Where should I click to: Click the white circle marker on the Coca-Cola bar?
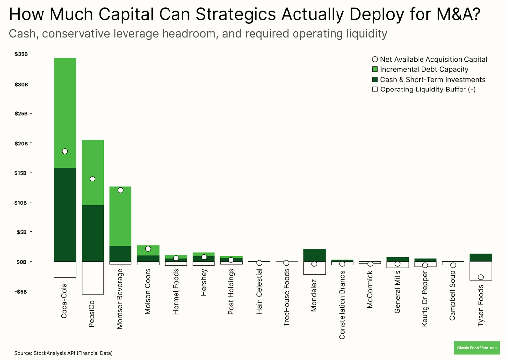tap(65, 151)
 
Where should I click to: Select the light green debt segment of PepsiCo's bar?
tap(92, 172)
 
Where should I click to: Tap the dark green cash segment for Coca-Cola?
tap(65, 215)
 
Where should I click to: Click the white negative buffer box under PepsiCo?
tap(92, 278)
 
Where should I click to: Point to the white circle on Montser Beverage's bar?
tap(120, 190)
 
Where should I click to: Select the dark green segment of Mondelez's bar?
tap(315, 255)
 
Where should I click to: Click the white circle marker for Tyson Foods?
tap(481, 277)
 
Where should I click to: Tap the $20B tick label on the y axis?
tap(21, 143)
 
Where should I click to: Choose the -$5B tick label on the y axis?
tap(21, 291)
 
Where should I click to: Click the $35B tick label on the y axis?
tap(21, 54)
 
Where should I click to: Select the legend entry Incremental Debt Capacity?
tap(424, 70)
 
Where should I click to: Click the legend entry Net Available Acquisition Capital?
tap(433, 60)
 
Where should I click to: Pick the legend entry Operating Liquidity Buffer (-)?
tap(428, 90)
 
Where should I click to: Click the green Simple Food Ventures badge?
tap(477, 348)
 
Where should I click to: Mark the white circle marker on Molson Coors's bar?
tap(148, 249)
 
